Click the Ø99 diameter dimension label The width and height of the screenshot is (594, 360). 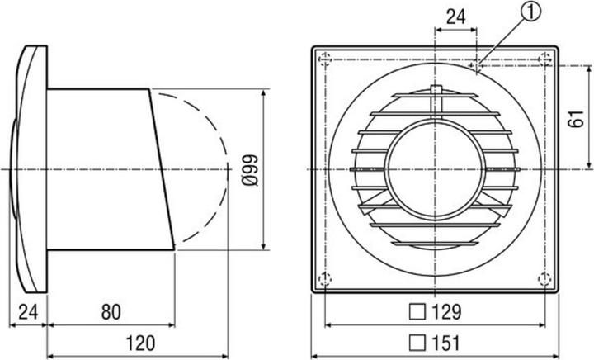(250, 170)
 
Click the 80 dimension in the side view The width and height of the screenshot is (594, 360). (111, 312)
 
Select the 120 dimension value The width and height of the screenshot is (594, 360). (140, 343)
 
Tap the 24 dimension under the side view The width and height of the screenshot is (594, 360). (28, 312)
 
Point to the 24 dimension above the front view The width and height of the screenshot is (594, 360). (455, 17)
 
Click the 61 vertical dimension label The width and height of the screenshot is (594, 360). (576, 119)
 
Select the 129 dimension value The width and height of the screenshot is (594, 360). (446, 312)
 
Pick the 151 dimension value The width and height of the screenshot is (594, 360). (445, 343)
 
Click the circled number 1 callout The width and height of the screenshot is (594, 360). (531, 12)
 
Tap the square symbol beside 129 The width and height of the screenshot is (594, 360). (417, 312)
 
